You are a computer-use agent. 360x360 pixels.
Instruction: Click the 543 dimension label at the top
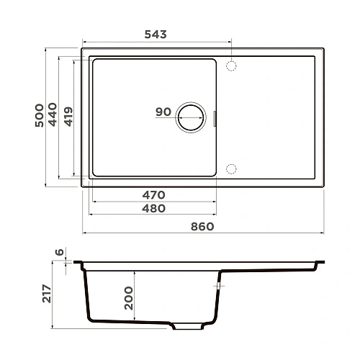(x=156, y=35)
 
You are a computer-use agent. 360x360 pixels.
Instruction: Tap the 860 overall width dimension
(x=203, y=226)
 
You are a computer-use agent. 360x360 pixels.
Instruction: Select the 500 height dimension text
(x=39, y=114)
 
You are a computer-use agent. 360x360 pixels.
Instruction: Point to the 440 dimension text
(x=53, y=114)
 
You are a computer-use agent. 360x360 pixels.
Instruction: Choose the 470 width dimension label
(x=153, y=195)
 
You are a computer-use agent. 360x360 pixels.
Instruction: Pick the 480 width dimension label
(x=153, y=209)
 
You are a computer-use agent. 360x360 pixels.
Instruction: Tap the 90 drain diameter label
(x=163, y=112)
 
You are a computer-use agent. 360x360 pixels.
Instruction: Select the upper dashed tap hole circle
(x=232, y=66)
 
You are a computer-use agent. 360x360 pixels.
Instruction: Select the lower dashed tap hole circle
(x=232, y=168)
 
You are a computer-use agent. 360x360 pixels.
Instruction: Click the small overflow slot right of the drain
(x=215, y=117)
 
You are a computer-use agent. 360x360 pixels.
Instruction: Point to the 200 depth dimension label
(x=129, y=295)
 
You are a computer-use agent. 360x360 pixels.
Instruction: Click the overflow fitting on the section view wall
(x=217, y=286)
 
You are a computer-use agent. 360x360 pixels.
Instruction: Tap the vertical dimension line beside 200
(x=138, y=295)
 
